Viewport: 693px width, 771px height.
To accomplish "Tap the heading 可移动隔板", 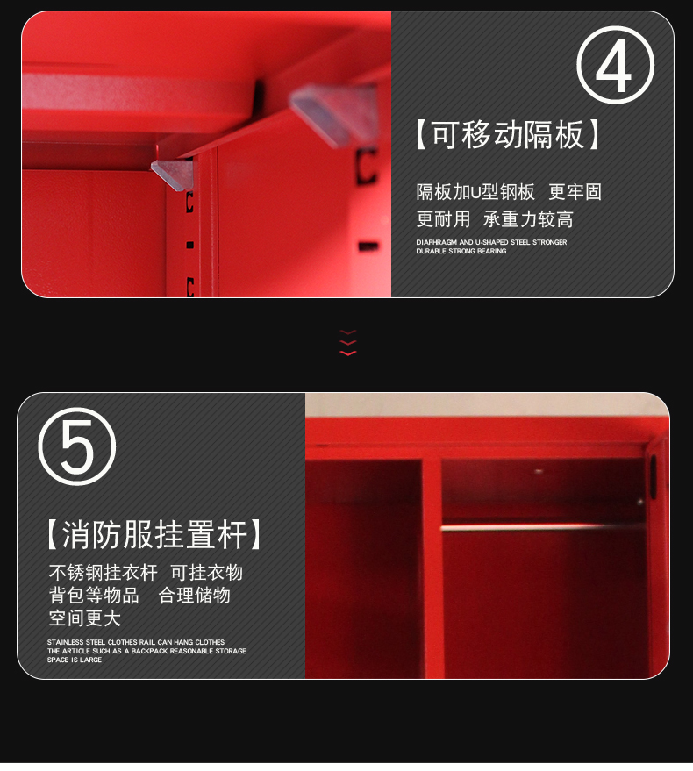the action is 508,135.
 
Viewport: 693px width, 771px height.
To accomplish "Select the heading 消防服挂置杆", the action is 154,534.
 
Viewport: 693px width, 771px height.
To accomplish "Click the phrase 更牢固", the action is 575,192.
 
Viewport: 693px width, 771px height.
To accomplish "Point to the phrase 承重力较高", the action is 528,219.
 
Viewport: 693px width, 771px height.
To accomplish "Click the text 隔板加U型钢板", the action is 475,192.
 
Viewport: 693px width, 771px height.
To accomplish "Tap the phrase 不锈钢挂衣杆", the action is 103,573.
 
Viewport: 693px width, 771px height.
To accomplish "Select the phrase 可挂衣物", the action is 206,573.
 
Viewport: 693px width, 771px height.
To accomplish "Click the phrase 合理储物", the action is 194,596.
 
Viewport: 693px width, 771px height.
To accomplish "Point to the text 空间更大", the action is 84,618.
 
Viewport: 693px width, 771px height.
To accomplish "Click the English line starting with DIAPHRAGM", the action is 491,242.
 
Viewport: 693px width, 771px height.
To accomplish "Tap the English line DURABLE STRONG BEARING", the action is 461,251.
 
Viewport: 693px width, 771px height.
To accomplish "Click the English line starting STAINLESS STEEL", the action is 136,642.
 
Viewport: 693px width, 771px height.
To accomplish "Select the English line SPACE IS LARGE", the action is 75,660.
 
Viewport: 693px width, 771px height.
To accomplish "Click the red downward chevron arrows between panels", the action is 347,343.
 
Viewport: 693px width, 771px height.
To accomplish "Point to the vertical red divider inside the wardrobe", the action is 432,568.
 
